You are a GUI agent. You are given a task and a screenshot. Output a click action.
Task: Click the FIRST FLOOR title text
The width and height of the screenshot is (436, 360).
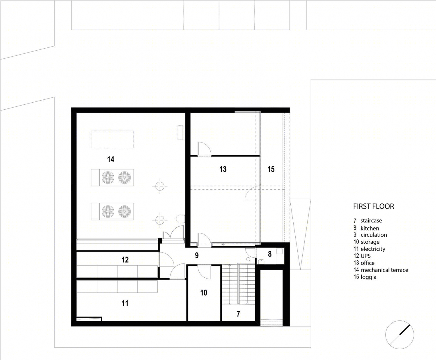[x=374, y=206]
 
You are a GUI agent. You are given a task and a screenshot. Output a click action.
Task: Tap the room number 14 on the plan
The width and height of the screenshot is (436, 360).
[x=111, y=159]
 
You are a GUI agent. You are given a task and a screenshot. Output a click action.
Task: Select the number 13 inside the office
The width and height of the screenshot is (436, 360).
[x=223, y=169]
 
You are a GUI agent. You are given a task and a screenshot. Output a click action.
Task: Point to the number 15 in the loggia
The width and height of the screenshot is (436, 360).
[x=271, y=169]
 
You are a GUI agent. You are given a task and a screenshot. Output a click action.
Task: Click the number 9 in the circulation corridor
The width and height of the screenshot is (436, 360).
[x=197, y=255]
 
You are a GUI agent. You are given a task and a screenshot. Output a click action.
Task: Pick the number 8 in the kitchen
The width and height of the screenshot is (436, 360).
[x=270, y=254]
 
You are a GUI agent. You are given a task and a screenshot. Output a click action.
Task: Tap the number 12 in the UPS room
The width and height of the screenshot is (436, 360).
[x=125, y=260]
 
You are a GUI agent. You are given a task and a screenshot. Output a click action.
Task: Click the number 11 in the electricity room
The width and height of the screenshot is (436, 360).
[x=125, y=303]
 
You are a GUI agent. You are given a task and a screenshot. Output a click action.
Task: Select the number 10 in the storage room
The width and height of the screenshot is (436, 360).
[x=203, y=293]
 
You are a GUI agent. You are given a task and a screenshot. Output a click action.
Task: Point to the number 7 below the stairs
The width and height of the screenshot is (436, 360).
[x=238, y=314]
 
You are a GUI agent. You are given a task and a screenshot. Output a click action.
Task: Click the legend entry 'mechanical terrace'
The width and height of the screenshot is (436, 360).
[x=385, y=270]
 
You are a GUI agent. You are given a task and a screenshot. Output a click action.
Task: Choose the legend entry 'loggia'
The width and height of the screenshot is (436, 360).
[x=369, y=277]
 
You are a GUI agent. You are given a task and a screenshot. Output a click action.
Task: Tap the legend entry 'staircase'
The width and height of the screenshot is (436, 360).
[x=371, y=221]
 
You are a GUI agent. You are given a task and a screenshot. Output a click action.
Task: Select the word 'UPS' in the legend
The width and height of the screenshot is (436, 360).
[x=366, y=256]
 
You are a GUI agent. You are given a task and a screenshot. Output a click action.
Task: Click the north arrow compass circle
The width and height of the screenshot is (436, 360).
[x=399, y=335]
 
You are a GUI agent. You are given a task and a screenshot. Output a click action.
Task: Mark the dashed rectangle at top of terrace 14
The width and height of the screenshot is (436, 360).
[x=112, y=139]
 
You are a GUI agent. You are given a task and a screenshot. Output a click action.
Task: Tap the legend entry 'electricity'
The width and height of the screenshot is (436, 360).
[x=373, y=249]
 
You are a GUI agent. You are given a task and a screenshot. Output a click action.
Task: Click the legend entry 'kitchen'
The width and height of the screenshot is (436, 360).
[x=370, y=228]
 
